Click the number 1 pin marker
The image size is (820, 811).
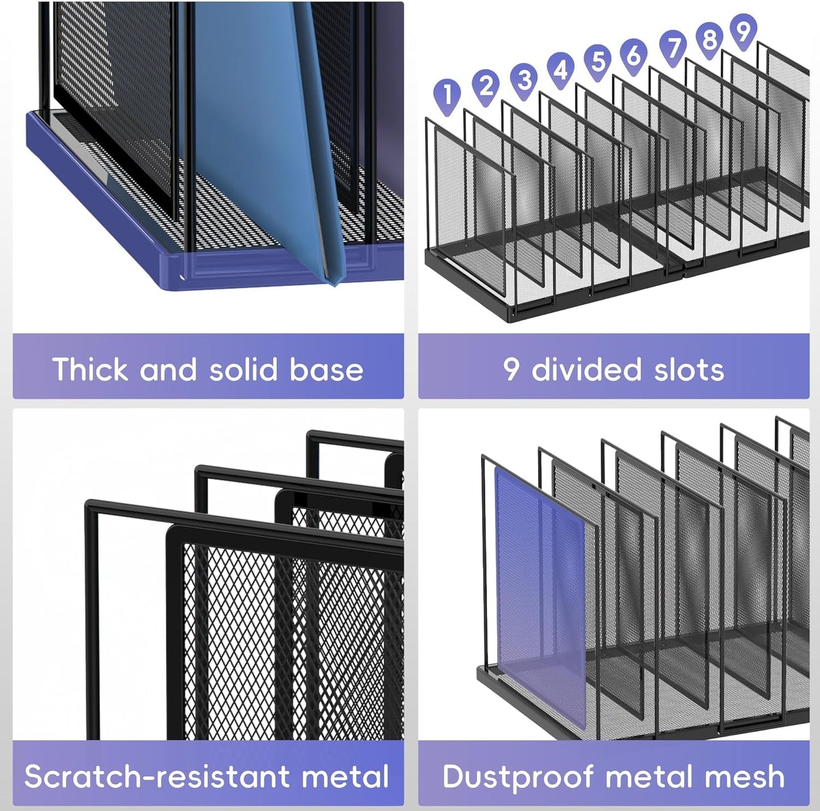click(448, 93)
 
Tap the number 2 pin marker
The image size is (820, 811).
click(486, 85)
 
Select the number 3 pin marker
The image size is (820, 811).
click(524, 79)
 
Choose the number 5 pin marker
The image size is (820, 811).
click(598, 60)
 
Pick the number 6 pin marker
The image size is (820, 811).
click(634, 54)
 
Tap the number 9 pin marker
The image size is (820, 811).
click(743, 31)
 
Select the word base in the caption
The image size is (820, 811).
click(327, 369)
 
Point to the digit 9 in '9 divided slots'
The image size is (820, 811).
click(511, 369)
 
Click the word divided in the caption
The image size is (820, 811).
click(587, 369)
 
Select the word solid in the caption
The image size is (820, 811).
click(243, 369)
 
